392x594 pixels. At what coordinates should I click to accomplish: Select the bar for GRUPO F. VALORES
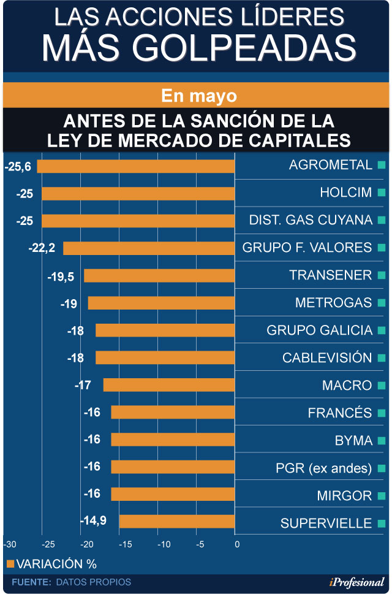point(149,248)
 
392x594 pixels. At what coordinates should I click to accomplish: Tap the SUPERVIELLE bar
point(177,522)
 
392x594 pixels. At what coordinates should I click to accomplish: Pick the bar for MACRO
point(169,385)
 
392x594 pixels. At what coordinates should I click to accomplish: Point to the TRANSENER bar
point(159,276)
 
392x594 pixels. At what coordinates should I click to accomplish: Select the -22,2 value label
point(42,248)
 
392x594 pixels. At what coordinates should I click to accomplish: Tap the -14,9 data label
point(93,521)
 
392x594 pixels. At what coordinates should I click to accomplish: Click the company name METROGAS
point(333,303)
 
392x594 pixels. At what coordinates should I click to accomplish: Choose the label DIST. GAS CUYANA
point(311,220)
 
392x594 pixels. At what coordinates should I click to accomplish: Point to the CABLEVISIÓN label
point(327,357)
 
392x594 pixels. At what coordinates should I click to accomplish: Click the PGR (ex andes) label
point(323,468)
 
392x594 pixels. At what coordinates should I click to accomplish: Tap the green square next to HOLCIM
point(382,193)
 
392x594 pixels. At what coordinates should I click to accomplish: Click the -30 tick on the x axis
point(10,544)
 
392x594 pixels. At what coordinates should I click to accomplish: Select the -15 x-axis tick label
point(125,544)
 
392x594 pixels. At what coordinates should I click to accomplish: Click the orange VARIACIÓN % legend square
point(10,563)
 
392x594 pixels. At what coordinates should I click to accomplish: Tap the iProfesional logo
point(356,582)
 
